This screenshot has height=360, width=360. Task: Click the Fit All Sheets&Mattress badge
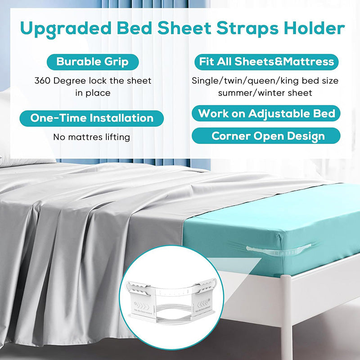pyautogui.click(x=266, y=62)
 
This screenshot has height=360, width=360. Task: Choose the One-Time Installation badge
pyautogui.click(x=92, y=118)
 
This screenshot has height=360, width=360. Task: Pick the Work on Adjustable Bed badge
pyautogui.click(x=266, y=113)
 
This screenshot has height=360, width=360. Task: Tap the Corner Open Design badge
pyautogui.click(x=266, y=135)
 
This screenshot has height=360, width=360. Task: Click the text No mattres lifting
pyautogui.click(x=92, y=137)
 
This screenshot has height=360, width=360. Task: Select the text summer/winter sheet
pyautogui.click(x=265, y=93)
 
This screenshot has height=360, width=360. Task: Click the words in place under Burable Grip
pyautogui.click(x=93, y=93)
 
